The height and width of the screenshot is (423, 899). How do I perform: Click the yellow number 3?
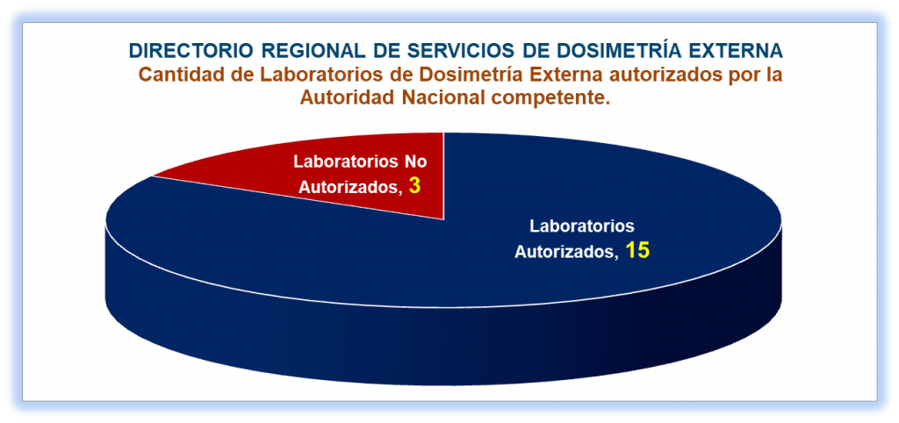coord(415,186)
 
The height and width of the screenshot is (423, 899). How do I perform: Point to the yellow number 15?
coord(637,250)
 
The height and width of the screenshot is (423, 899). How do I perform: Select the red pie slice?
coord(356,172)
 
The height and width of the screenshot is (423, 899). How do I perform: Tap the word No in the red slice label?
coord(415,161)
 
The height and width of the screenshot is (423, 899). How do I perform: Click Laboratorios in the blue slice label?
coord(582,226)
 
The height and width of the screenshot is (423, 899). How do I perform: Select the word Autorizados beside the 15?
coord(566,252)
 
